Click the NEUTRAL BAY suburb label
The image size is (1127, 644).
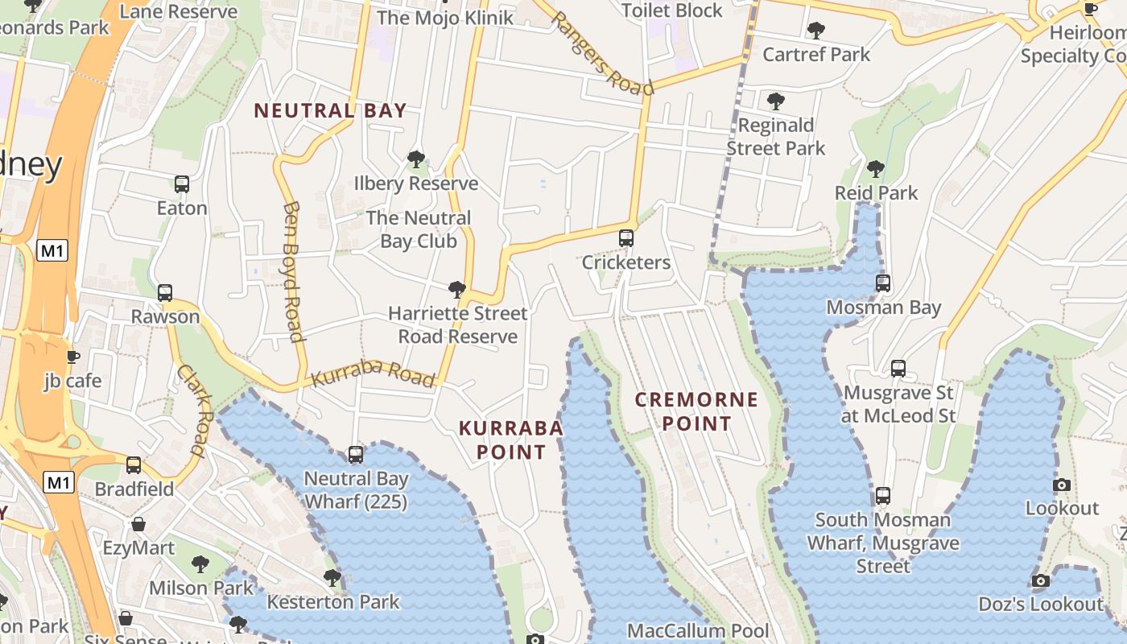pyautogui.click(x=330, y=111)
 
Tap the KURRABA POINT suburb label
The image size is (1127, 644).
pyautogui.click(x=510, y=440)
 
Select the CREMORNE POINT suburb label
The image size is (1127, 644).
pyautogui.click(x=696, y=411)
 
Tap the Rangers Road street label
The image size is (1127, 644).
pyautogui.click(x=602, y=55)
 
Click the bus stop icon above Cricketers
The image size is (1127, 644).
pyautogui.click(x=626, y=238)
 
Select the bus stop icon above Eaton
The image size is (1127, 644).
pyautogui.click(x=182, y=184)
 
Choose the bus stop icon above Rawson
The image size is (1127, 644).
pyautogui.click(x=165, y=293)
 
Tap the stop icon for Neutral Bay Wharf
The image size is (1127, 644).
pyautogui.click(x=356, y=455)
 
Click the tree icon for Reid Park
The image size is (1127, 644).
pyautogui.click(x=876, y=169)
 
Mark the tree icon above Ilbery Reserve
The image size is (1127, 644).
pyautogui.click(x=416, y=159)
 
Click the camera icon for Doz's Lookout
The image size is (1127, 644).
pyautogui.click(x=1040, y=581)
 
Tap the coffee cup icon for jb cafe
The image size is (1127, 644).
pyautogui.click(x=73, y=357)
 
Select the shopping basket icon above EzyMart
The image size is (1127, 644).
pyautogui.click(x=138, y=525)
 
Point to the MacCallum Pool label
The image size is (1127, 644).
pyautogui.click(x=698, y=630)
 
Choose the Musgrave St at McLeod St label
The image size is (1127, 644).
pyautogui.click(x=898, y=404)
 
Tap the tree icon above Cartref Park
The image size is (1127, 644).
pyautogui.click(x=816, y=31)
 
